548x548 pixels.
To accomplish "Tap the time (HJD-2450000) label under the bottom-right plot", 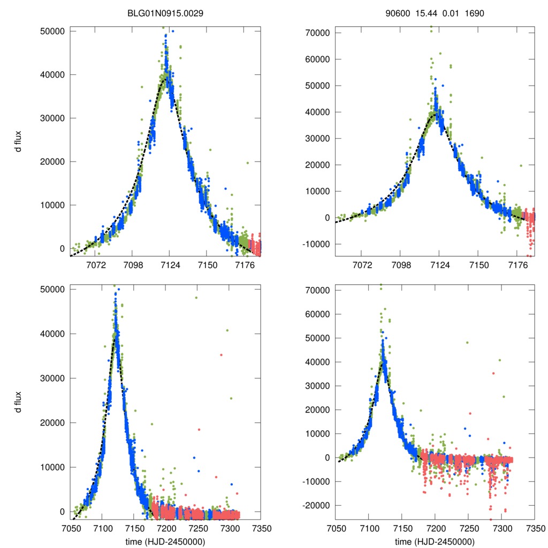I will click(x=435, y=542).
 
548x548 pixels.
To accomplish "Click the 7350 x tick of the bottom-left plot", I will click(x=261, y=528).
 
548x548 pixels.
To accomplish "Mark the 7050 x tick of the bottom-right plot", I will click(x=336, y=528).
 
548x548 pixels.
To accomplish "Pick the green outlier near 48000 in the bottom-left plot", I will click(x=196, y=298).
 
